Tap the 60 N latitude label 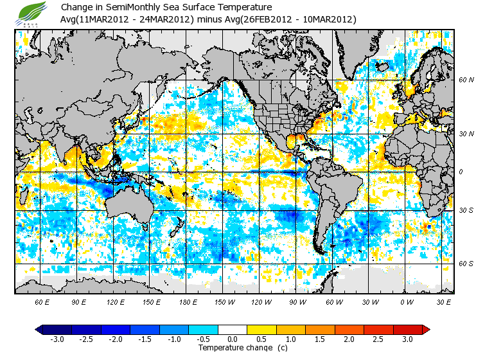click(x=466, y=80)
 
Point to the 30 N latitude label click(x=466, y=133)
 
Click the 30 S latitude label click(x=466, y=211)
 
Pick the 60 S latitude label click(x=466, y=264)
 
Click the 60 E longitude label click(x=42, y=301)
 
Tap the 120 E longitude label click(x=114, y=301)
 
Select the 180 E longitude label click(x=188, y=301)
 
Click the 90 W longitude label click(x=297, y=301)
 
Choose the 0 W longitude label click(x=406, y=301)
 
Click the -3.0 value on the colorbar click(x=57, y=339)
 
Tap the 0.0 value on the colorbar click(x=233, y=339)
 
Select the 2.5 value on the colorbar click(x=378, y=339)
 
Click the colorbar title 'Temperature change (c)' click(x=242, y=348)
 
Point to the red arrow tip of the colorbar click(x=426, y=329)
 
